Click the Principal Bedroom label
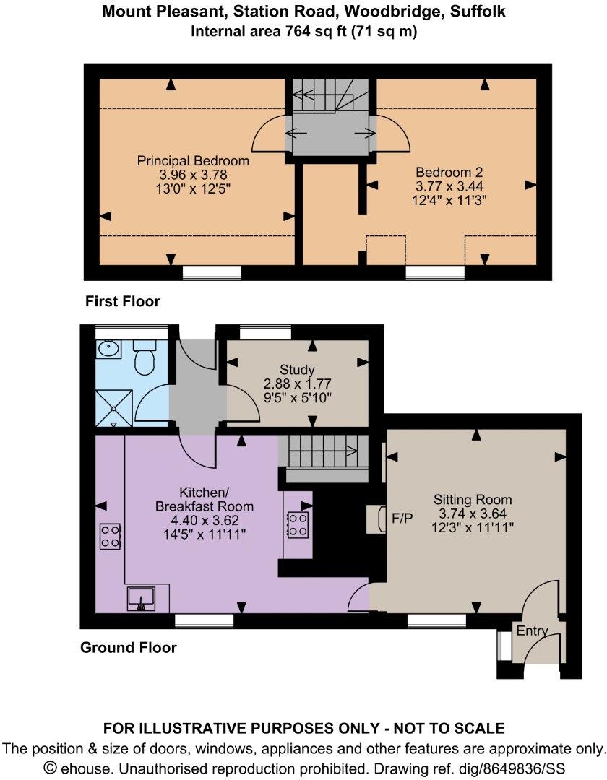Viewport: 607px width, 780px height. tap(193, 160)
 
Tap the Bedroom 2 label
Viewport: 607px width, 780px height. tap(449, 173)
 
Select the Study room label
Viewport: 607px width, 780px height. tap(297, 370)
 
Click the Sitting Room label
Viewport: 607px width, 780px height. tap(473, 500)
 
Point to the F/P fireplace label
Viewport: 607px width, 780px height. tap(402, 519)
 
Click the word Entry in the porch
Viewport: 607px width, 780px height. tap(532, 631)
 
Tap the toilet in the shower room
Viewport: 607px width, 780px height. tap(145, 358)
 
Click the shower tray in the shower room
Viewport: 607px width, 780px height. tap(114, 407)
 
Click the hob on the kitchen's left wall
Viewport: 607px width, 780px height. tap(110, 536)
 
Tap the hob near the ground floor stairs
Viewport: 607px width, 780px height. tap(298, 525)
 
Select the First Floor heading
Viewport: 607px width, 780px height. tap(122, 301)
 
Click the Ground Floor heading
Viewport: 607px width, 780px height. tap(128, 648)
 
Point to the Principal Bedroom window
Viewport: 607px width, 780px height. tap(211, 272)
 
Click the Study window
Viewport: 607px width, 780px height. tap(265, 331)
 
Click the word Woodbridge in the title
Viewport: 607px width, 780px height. tap(409, 12)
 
